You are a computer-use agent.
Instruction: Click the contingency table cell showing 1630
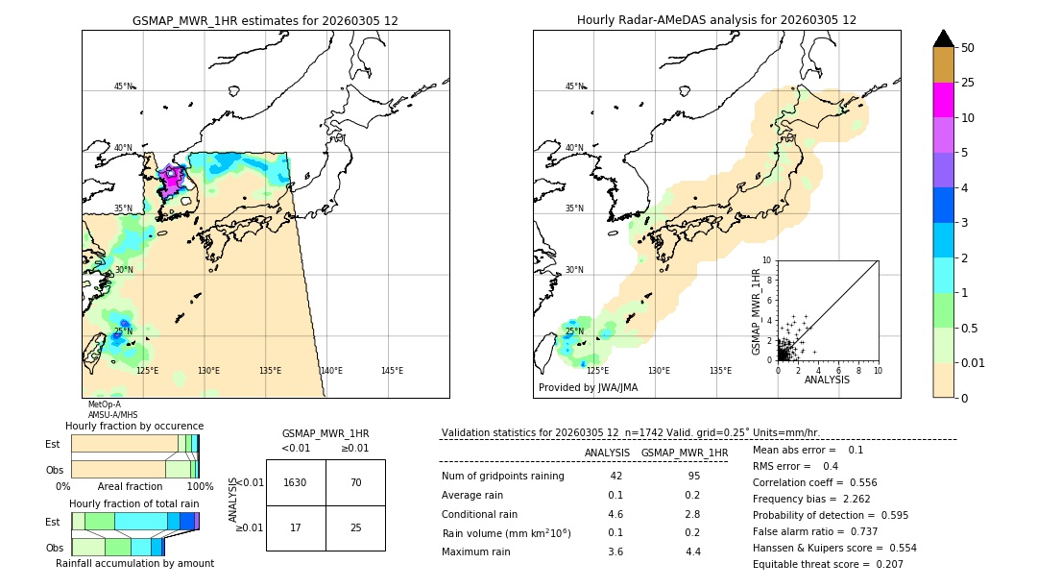point(295,482)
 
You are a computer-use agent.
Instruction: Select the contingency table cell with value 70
point(355,482)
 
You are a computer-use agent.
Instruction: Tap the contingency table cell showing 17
point(295,527)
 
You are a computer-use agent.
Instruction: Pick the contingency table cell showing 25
point(355,527)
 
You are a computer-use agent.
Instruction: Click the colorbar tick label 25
point(968,83)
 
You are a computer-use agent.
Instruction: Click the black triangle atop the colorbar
point(944,38)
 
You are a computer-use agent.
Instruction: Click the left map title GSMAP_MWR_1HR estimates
point(265,20)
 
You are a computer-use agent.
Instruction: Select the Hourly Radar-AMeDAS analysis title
point(716,20)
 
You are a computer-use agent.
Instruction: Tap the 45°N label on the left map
point(123,86)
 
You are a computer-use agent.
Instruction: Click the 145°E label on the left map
point(392,371)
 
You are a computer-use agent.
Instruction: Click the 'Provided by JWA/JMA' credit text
point(588,388)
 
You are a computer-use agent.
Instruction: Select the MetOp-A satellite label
point(104,404)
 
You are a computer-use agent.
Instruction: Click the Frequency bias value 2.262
point(828,499)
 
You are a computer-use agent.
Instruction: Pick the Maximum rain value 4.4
point(693,551)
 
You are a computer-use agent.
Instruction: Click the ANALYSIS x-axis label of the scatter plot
point(827,380)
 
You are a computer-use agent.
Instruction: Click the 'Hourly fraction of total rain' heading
point(134,503)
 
